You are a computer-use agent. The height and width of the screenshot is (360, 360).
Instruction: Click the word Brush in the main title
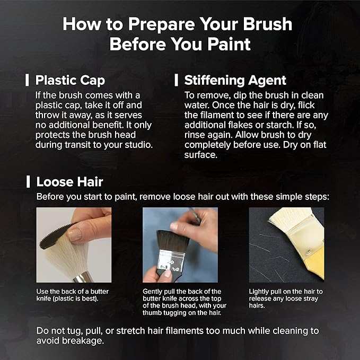click(x=267, y=24)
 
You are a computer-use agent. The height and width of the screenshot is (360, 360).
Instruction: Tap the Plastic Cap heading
click(x=70, y=81)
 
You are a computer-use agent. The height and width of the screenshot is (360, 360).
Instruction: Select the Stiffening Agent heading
click(x=235, y=81)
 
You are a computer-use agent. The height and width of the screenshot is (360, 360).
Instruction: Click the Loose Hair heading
click(x=69, y=182)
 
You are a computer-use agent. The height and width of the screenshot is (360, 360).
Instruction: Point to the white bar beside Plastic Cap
click(x=27, y=80)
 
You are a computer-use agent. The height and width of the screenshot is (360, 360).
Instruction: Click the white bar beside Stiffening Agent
click(x=176, y=80)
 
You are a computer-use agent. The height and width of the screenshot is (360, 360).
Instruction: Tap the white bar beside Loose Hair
click(x=28, y=182)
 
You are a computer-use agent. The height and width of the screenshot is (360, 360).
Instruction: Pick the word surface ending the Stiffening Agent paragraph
click(x=200, y=155)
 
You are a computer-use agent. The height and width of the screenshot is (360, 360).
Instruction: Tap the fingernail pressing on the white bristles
click(x=75, y=235)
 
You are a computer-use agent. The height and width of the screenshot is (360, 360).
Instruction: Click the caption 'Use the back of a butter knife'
click(x=72, y=295)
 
